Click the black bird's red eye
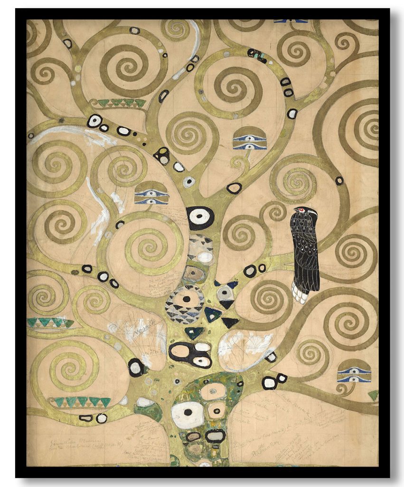298,210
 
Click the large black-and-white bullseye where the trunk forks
200,217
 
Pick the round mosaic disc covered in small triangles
185,304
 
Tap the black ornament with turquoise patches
257,56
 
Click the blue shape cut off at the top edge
291,21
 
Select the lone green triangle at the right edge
374,394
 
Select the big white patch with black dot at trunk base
188,414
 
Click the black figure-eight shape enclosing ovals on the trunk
190,354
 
